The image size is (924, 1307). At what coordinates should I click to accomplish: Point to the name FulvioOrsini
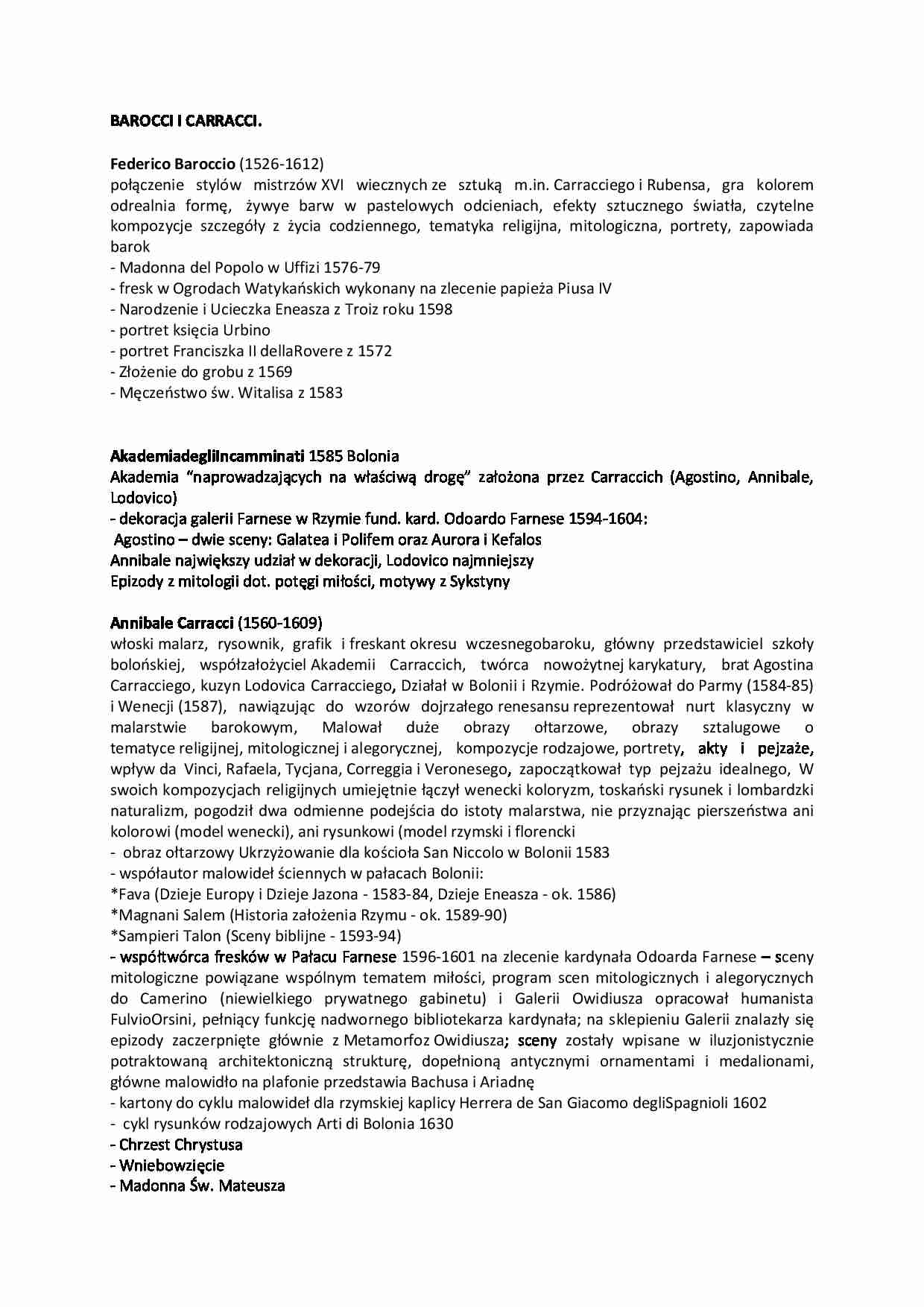tap(150, 1019)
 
